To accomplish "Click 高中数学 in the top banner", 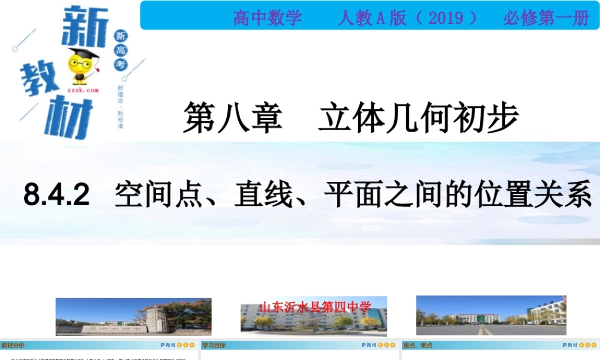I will pos(267,18).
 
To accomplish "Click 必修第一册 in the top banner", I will pos(546,18).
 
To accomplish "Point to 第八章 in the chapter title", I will pos(232,117).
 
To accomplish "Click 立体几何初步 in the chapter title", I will pos(418,117).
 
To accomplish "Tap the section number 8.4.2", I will pos(56,195).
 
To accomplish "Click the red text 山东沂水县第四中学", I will pos(315,307).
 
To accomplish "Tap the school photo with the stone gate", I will pos(133,316).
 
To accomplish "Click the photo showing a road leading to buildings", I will pos(491,315).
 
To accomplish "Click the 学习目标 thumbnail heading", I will pos(214,345).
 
